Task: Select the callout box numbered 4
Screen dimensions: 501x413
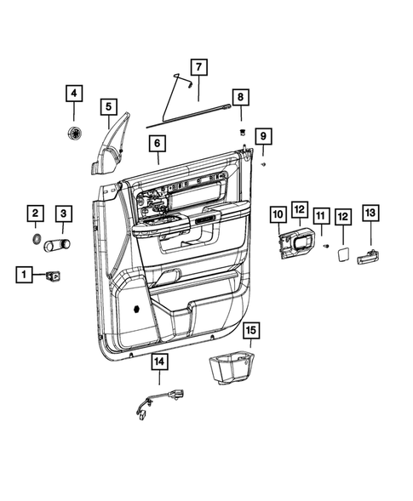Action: pyautogui.click(x=74, y=93)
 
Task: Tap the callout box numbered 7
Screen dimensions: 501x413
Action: pyautogui.click(x=198, y=66)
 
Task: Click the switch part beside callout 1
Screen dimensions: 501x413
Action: pyautogui.click(x=55, y=274)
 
